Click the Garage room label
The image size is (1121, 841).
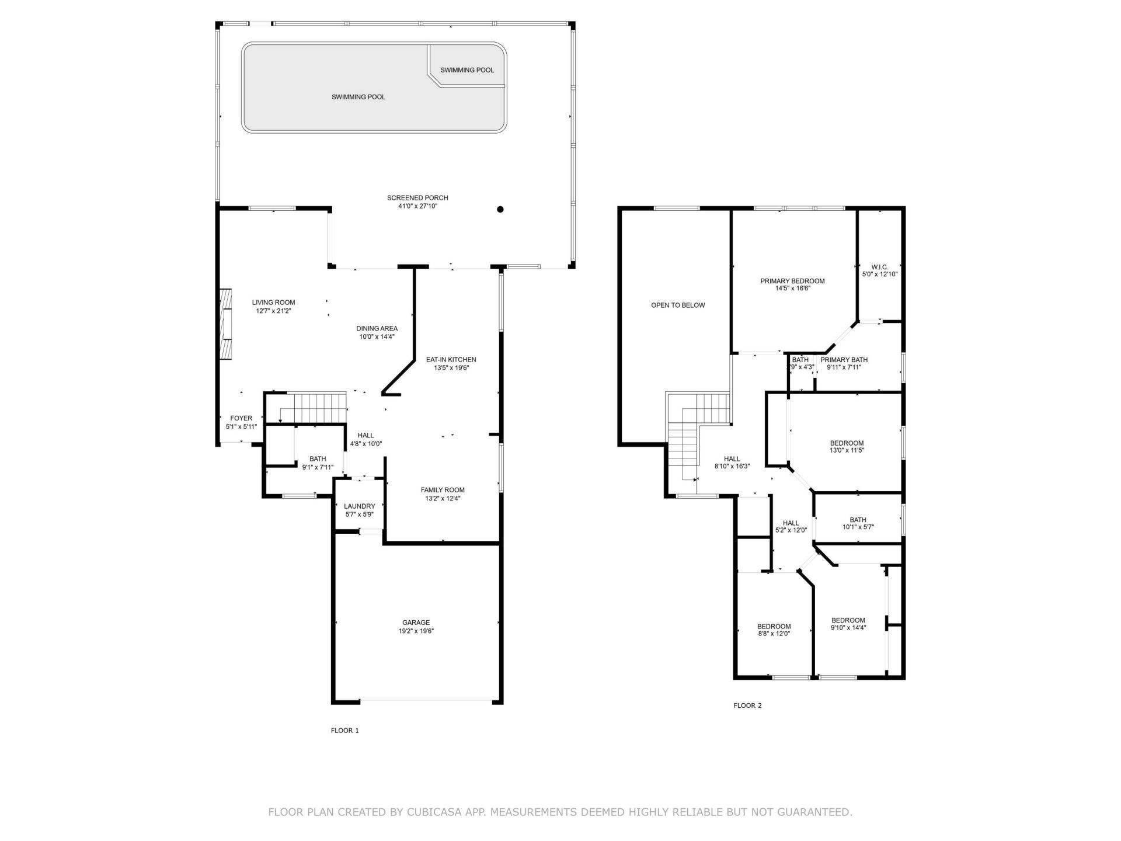415,623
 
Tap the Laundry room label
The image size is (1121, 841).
359,506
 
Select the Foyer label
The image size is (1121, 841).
241,418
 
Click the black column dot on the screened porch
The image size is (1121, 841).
500,209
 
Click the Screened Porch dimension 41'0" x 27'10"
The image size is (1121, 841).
417,206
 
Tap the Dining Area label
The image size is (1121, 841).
377,328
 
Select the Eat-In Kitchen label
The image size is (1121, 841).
451,360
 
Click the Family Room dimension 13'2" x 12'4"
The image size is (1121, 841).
443,498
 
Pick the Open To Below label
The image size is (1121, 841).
678,305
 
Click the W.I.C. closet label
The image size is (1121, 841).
879,267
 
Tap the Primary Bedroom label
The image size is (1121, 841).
792,281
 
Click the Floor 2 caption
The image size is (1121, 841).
747,706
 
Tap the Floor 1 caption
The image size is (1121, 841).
344,731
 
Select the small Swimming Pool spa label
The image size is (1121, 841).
467,70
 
